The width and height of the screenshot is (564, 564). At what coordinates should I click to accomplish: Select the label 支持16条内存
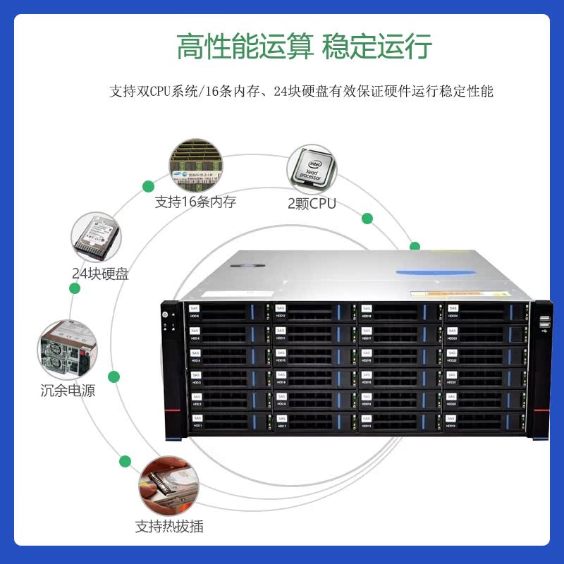[x=195, y=202]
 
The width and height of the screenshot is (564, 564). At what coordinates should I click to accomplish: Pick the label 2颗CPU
[x=312, y=204]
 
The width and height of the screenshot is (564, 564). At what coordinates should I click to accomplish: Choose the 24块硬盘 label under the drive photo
[x=100, y=274]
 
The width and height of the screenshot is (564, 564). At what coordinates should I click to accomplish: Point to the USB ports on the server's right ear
[x=544, y=324]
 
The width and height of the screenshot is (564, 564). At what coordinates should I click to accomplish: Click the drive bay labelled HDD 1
[x=228, y=423]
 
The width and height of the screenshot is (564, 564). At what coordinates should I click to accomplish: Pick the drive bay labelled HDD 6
[x=228, y=312]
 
